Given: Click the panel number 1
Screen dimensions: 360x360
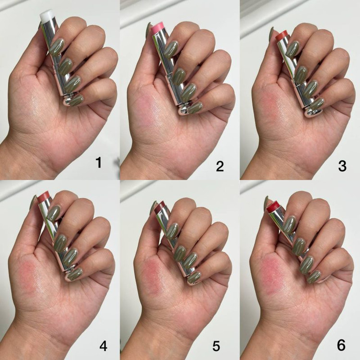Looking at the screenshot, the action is click(99, 163).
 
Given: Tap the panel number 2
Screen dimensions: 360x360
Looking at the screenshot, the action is click(220, 166).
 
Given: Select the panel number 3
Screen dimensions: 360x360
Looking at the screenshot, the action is click(342, 166).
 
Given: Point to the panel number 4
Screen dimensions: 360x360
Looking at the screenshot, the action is click(103, 346).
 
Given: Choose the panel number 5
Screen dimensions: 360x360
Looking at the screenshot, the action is click(216, 346).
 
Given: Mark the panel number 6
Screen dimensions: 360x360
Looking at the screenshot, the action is click(341, 345).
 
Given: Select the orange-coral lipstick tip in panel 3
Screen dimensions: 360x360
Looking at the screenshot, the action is click(282, 36).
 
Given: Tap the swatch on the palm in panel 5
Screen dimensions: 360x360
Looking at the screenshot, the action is click(154, 276).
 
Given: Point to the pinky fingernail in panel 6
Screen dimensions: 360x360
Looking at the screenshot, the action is click(313, 277).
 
